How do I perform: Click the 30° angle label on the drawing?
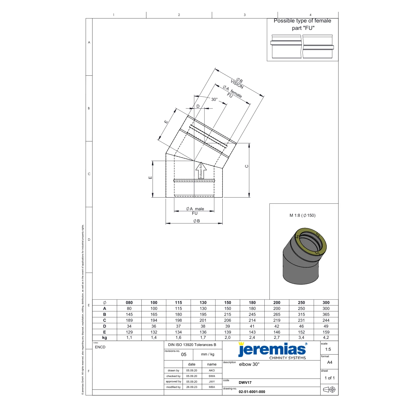pyautogui.click(x=214, y=99)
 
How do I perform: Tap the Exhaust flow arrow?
pyautogui.click(x=201, y=170)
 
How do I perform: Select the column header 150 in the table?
pyautogui.click(x=227, y=303)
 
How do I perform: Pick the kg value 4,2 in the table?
pyautogui.click(x=326, y=337)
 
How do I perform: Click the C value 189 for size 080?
pyautogui.click(x=129, y=320)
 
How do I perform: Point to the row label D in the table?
pyautogui.click(x=105, y=326)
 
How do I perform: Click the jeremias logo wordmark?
pyautogui.click(x=272, y=350)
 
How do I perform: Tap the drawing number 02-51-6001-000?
pyautogui.click(x=252, y=392)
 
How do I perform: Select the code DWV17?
pyautogui.click(x=245, y=382)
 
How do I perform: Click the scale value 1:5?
pyautogui.click(x=328, y=349)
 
